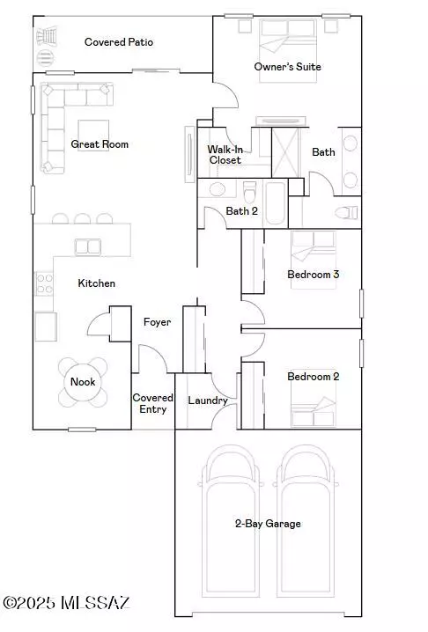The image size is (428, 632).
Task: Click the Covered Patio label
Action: (x=119, y=42)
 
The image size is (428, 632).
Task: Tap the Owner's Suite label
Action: (x=287, y=67)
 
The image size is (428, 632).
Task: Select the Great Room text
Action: (x=100, y=144)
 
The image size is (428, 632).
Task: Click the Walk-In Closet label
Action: (x=225, y=155)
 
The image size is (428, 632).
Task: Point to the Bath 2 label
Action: (x=242, y=211)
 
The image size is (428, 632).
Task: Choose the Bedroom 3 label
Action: (x=314, y=275)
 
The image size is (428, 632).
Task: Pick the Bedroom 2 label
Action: (x=314, y=377)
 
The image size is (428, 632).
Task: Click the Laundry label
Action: (x=208, y=401)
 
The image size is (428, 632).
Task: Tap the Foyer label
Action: (x=157, y=322)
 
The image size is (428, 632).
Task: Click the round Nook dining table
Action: (x=83, y=381)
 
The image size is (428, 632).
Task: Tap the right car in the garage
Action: (x=307, y=519)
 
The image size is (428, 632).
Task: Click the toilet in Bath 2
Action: (x=249, y=190)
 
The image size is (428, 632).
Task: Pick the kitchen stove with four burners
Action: (x=42, y=283)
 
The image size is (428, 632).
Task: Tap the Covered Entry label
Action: (x=152, y=403)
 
